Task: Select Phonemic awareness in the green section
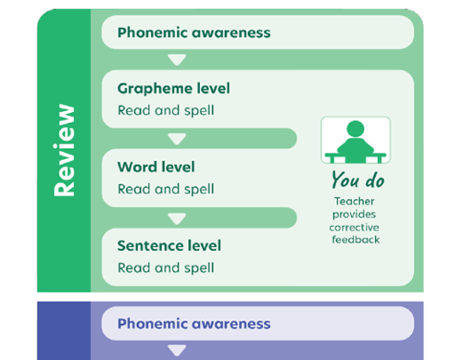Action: coord(194,32)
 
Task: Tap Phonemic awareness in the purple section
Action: coord(194,324)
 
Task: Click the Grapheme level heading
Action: coord(174,89)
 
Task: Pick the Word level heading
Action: coord(156,168)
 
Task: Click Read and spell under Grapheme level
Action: coord(166,110)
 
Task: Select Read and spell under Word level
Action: coord(166,189)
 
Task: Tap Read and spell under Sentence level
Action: coord(166,268)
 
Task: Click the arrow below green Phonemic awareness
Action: coord(177,60)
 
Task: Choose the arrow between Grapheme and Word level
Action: coord(177,140)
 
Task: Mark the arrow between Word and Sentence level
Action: coord(177,219)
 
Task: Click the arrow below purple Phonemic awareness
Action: coord(177,351)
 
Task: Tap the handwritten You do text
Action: coord(357,180)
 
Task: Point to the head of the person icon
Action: coord(356,129)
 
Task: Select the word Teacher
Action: coord(356,201)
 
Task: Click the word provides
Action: coord(356,214)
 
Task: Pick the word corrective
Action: coord(356,227)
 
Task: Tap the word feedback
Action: coord(356,240)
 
